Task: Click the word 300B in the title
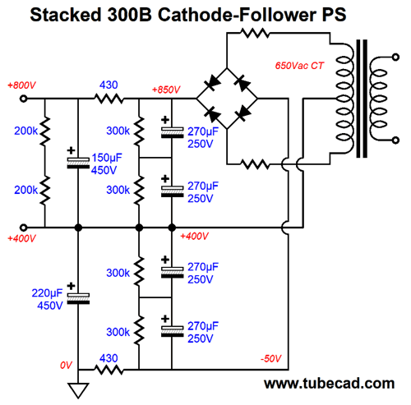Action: click(129, 14)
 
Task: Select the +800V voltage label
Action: click(21, 85)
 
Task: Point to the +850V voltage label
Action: click(166, 90)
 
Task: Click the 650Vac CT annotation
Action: click(299, 66)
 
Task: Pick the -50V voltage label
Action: click(270, 358)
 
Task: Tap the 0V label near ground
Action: click(66, 365)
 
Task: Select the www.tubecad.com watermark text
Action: click(329, 384)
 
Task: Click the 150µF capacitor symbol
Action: click(78, 163)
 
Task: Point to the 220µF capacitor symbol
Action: click(78, 298)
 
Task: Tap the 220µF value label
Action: click(47, 293)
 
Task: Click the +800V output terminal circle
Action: click(24, 99)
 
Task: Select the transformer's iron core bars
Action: click(362, 99)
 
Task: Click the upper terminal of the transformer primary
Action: click(395, 57)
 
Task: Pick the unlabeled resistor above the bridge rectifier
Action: click(255, 34)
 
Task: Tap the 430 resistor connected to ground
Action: click(109, 370)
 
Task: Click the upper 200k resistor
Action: click(45, 131)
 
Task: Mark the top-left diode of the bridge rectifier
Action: click(212, 83)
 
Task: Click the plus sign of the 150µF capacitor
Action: click(72, 150)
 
